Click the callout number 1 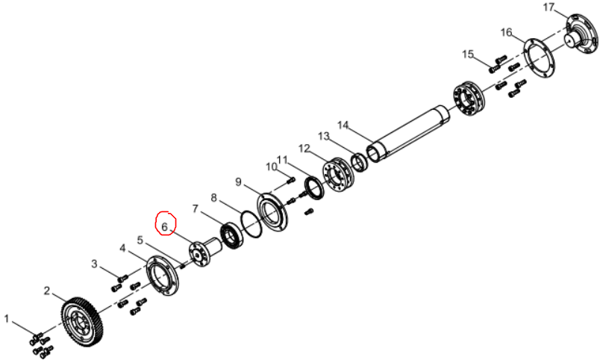(x=6, y=319)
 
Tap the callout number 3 (x=94, y=264)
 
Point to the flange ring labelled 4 (x=163, y=276)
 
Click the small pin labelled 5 (x=183, y=264)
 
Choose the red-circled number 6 (x=165, y=227)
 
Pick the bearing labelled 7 (x=232, y=235)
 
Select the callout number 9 (x=238, y=182)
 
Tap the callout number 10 (x=272, y=167)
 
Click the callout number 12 (x=304, y=148)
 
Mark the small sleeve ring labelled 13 (x=360, y=162)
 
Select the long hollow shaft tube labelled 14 (x=409, y=134)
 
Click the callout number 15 (x=468, y=55)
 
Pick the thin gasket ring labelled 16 (x=539, y=58)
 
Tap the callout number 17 (x=549, y=7)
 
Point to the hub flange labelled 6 (x=205, y=252)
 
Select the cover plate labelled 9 (x=273, y=214)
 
